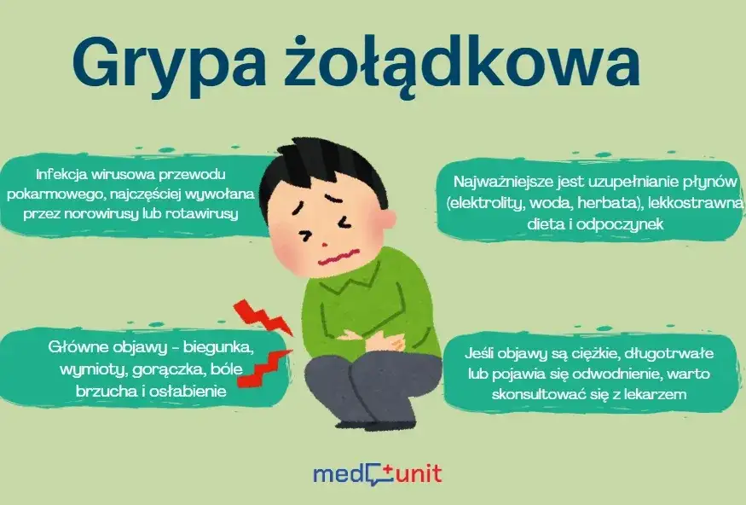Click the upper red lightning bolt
click(x=263, y=316)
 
